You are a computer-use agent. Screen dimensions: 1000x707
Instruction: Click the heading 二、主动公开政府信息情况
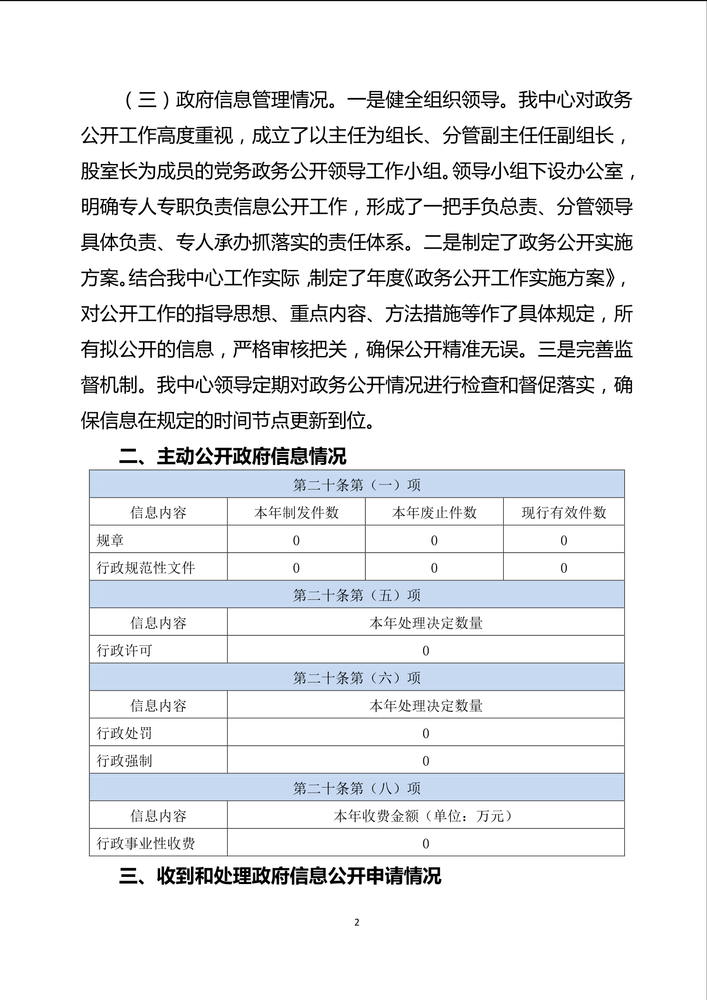pyautogui.click(x=232, y=457)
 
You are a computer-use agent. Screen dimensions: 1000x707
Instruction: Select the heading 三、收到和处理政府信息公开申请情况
pyautogui.click(x=280, y=876)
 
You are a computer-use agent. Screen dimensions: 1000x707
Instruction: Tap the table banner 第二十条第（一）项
pyautogui.click(x=357, y=485)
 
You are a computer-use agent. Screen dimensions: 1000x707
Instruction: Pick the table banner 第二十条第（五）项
pyautogui.click(x=357, y=595)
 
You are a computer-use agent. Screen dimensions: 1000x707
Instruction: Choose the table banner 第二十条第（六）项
pyautogui.click(x=357, y=678)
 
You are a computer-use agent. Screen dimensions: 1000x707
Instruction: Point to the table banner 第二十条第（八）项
pyautogui.click(x=357, y=788)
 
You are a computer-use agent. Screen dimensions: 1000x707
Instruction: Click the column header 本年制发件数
pyautogui.click(x=296, y=512)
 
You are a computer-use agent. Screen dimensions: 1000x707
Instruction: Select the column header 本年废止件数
pyautogui.click(x=434, y=512)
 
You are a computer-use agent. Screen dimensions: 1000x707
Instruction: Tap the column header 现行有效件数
pyautogui.click(x=564, y=512)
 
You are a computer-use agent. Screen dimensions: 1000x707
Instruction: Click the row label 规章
pyautogui.click(x=110, y=540)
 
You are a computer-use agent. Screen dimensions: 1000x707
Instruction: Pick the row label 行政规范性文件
pyautogui.click(x=146, y=567)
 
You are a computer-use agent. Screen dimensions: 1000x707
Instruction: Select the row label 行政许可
pyautogui.click(x=124, y=650)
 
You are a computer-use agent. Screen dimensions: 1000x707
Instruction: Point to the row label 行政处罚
pyautogui.click(x=124, y=733)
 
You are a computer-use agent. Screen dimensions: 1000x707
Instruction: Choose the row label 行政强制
pyautogui.click(x=124, y=761)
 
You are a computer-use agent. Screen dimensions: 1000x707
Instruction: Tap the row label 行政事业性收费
pyautogui.click(x=146, y=844)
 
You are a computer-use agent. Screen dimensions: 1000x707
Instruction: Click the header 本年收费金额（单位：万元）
pyautogui.click(x=425, y=816)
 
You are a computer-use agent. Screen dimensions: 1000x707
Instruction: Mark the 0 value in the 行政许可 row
pyautogui.click(x=426, y=651)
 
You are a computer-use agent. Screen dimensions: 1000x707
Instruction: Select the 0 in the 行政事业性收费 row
pyautogui.click(x=426, y=844)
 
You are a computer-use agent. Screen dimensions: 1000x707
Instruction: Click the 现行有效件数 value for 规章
pyautogui.click(x=564, y=540)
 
